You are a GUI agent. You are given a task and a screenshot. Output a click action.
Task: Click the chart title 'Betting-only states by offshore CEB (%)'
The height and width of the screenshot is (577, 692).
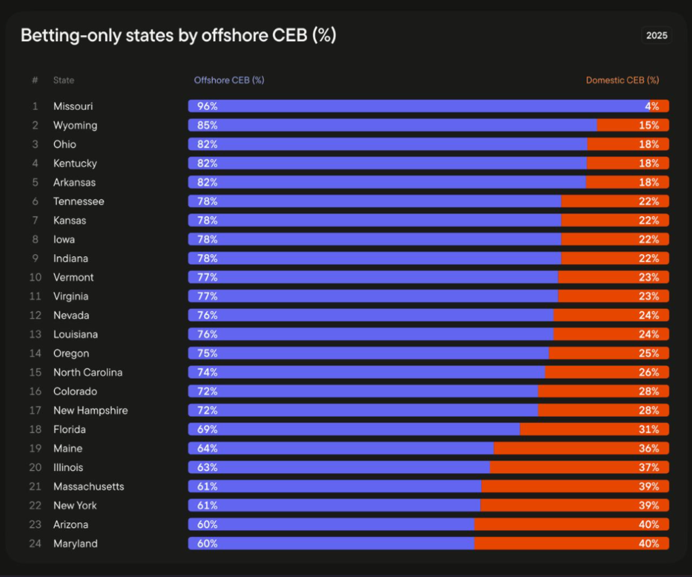click(x=178, y=36)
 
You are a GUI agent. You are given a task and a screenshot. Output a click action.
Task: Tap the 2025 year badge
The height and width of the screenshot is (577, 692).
click(x=656, y=36)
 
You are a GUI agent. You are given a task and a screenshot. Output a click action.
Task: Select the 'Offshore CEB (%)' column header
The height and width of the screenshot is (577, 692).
click(x=229, y=80)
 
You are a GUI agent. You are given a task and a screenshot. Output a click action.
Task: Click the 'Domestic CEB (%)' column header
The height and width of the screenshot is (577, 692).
click(x=622, y=80)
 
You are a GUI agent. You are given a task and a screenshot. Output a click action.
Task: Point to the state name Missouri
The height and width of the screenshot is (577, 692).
click(x=73, y=106)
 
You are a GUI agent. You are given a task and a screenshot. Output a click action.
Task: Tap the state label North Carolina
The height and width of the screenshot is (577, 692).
click(x=88, y=372)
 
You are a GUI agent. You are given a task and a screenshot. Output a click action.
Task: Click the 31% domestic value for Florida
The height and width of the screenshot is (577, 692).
click(x=649, y=430)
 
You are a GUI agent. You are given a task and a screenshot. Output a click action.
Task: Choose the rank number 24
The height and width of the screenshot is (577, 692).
click(x=34, y=544)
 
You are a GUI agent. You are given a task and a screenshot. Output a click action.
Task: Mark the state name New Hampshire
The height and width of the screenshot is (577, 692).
click(x=91, y=411)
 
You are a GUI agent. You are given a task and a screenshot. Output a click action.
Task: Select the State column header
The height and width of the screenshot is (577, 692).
click(x=64, y=80)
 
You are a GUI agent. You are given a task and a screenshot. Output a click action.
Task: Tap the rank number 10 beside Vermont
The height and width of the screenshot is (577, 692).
click(x=34, y=278)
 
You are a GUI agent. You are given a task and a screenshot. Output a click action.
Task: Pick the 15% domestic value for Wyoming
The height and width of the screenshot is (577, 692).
click(x=649, y=125)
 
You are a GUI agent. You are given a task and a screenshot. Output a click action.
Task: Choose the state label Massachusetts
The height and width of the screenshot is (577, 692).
click(x=89, y=486)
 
